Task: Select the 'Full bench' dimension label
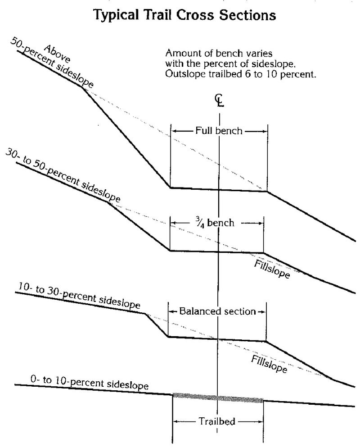[x=219, y=131]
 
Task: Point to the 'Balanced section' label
[x=217, y=311]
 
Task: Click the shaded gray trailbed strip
[x=218, y=398]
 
